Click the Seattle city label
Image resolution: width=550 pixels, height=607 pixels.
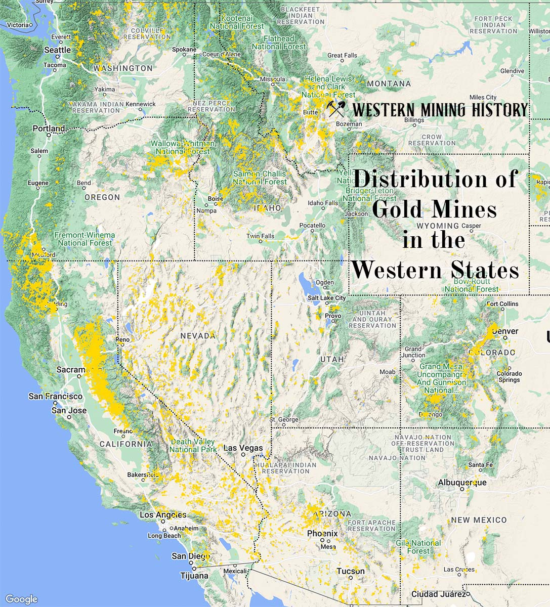pyautogui.click(x=58, y=50)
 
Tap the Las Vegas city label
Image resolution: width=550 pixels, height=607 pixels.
pyautogui.click(x=243, y=448)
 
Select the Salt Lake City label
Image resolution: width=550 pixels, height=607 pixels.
pyautogui.click(x=326, y=298)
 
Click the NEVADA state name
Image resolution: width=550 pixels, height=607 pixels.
pyautogui.click(x=198, y=336)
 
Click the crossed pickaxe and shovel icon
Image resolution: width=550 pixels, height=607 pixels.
pyautogui.click(x=336, y=109)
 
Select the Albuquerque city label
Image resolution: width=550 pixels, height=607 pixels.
pyautogui.click(x=462, y=483)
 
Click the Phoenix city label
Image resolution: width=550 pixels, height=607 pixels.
pyautogui.click(x=322, y=534)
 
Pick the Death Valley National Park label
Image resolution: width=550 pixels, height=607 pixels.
pyautogui.click(x=193, y=446)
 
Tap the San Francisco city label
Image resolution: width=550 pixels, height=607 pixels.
pyautogui.click(x=55, y=396)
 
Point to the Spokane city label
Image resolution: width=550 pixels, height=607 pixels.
pyautogui.click(x=184, y=50)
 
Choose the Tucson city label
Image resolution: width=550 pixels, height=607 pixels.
pyautogui.click(x=351, y=571)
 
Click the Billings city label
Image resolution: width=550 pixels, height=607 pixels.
pyautogui.click(x=414, y=120)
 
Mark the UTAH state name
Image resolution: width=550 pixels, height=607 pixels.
pyautogui.click(x=332, y=359)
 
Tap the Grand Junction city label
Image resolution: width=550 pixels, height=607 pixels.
pyautogui.click(x=413, y=352)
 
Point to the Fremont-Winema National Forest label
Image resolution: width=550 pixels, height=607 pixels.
pyautogui.click(x=84, y=239)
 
